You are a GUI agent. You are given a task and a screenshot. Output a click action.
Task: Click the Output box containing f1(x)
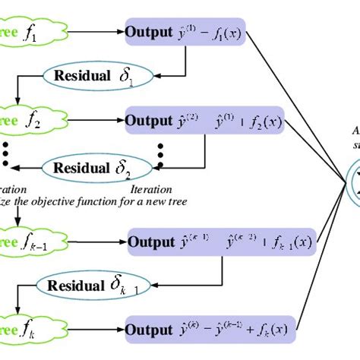coord(185,33)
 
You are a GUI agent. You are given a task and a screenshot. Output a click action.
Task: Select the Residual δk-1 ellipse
coord(96,286)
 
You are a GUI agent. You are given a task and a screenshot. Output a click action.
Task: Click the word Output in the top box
coord(148,33)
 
